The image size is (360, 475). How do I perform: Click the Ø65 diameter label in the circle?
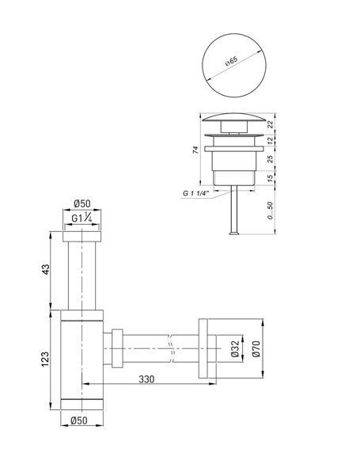click(x=231, y=62)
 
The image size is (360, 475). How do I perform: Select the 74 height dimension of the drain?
click(x=196, y=150)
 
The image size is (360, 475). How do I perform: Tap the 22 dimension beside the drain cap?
click(x=271, y=124)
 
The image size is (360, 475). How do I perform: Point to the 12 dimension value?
click(x=271, y=140)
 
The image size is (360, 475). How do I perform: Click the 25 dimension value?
click(x=271, y=158)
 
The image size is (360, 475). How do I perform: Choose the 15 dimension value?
click(x=271, y=177)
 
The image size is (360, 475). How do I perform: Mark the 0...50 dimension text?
click(x=270, y=211)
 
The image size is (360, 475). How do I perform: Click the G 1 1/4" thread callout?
click(x=196, y=193)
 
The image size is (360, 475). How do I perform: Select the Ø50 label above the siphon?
click(x=82, y=203)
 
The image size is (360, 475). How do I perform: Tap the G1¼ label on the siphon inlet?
click(x=81, y=218)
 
